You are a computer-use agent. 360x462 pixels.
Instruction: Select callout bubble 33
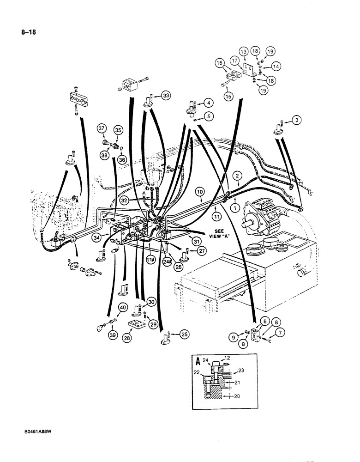(x=166, y=96)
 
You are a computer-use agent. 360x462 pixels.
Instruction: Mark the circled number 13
(x=243, y=51)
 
